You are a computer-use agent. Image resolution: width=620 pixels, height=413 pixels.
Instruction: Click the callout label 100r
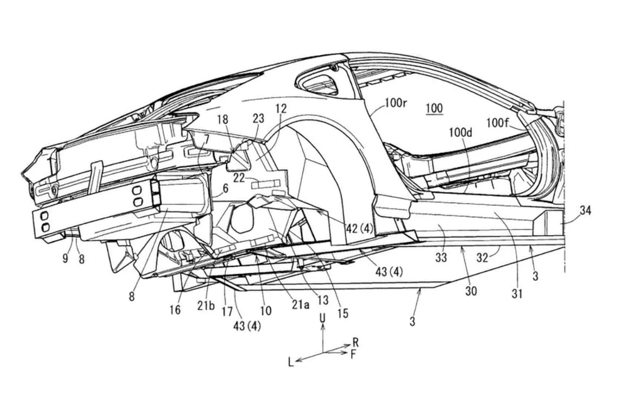tap(395, 103)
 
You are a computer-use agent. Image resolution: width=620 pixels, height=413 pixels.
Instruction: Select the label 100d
tap(461, 133)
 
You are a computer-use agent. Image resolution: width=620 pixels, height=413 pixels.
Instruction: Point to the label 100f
tap(498, 123)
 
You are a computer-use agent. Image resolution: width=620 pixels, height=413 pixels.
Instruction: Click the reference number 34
tap(585, 211)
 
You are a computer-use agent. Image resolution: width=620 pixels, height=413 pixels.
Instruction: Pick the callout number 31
tap(517, 294)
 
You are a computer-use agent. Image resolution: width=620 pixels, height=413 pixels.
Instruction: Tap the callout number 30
tap(471, 291)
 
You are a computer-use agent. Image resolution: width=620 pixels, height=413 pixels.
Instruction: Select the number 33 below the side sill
tap(441, 257)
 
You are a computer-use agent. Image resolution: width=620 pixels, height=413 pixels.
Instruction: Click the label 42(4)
tap(359, 229)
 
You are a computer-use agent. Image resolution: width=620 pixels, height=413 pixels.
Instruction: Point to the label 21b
tap(206, 306)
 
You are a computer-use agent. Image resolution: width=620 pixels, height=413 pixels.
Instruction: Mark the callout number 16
tap(175, 310)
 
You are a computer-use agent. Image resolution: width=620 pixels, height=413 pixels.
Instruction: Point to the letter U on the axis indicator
tap(322, 318)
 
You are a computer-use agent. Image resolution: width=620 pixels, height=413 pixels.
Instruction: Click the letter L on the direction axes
tap(291, 362)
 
